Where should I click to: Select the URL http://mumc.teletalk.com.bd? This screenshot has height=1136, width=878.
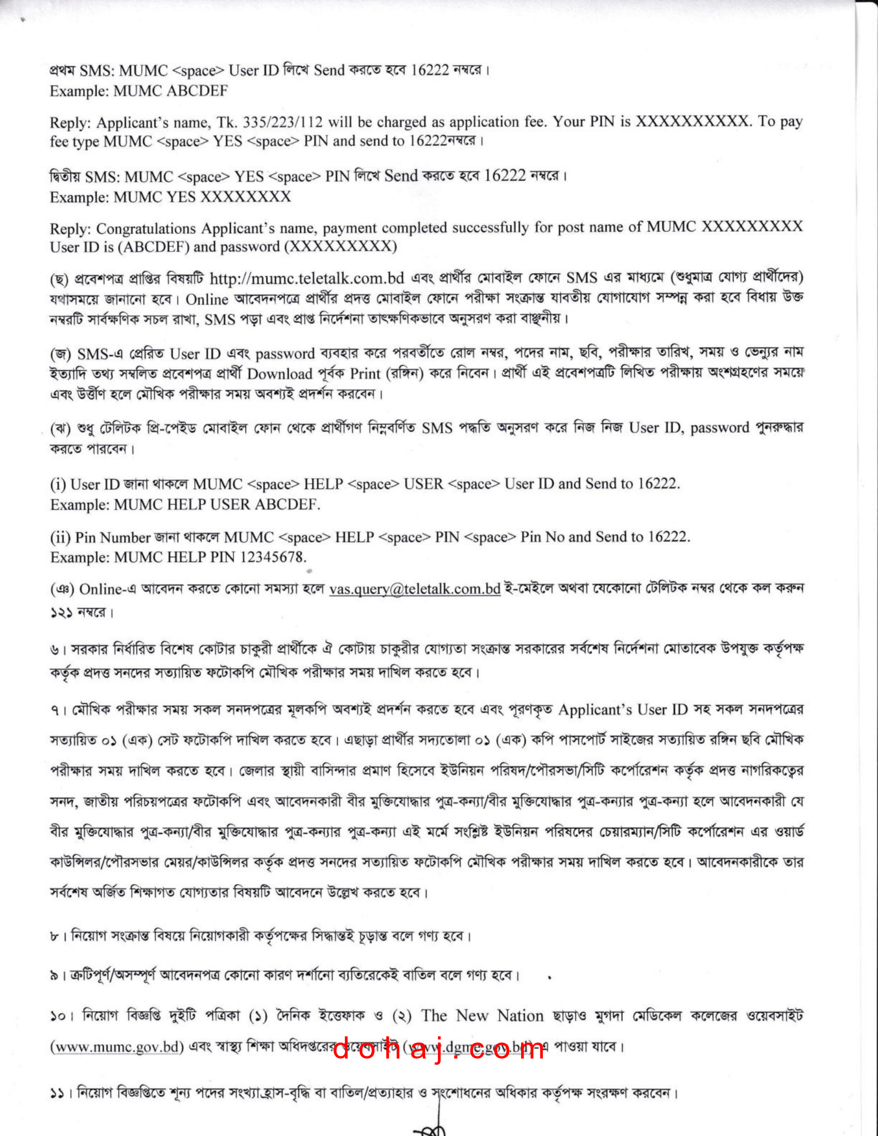307,279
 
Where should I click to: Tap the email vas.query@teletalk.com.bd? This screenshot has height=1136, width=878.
415,589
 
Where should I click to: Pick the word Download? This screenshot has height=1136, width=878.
280,374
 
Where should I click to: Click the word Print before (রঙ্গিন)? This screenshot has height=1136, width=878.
365,373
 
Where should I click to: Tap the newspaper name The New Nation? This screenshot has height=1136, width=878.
482,1015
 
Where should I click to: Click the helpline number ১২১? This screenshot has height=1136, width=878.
61,612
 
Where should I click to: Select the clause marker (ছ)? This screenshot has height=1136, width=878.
59,279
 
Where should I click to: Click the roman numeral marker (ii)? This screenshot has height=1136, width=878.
60,538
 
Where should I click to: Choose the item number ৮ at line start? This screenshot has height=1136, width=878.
55,936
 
